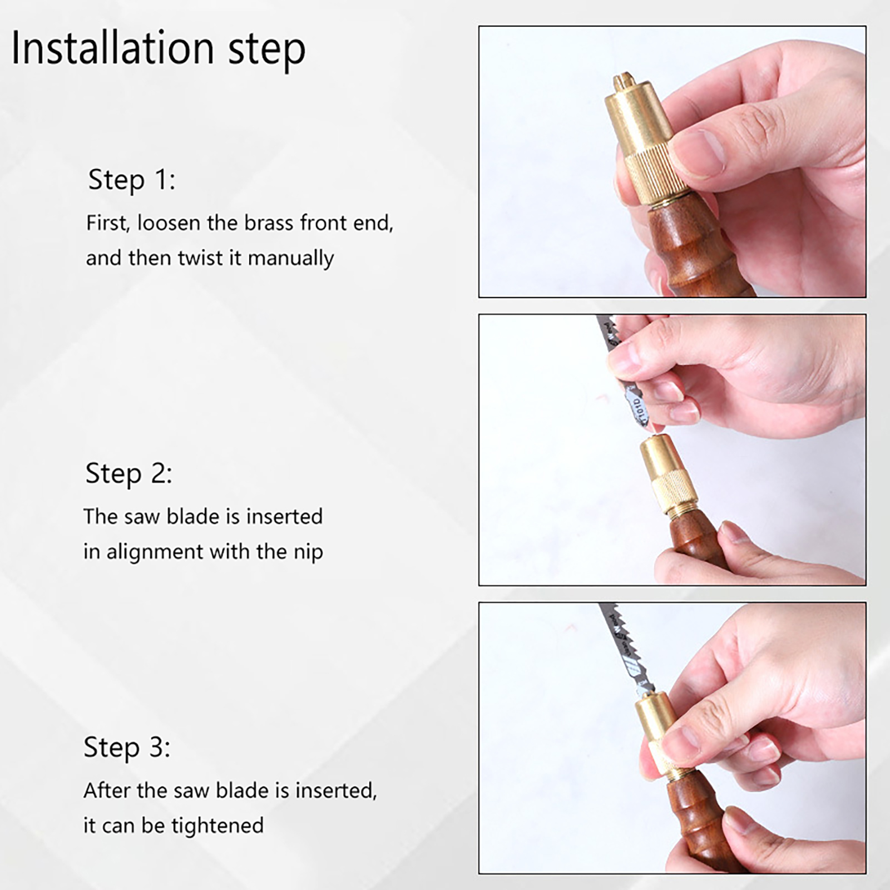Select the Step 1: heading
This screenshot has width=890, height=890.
click(132, 180)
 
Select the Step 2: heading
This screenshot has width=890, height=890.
click(129, 473)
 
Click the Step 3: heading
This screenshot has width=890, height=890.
click(127, 747)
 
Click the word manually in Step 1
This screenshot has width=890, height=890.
click(291, 259)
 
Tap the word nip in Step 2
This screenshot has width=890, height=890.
click(309, 552)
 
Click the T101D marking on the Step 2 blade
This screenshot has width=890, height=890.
click(640, 408)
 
